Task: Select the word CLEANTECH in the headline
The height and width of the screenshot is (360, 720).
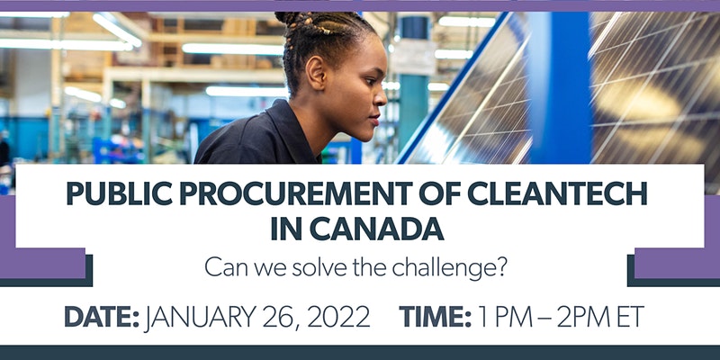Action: pos(556,193)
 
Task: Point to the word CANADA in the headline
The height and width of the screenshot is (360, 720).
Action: pos(377,229)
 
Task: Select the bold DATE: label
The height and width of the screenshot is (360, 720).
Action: pos(102,317)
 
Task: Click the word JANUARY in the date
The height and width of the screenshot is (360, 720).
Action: pos(199,317)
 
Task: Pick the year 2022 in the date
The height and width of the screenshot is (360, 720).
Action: pos(338,317)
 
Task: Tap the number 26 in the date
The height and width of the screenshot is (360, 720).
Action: pos(280,318)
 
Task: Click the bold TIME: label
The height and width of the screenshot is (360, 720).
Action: pos(436,317)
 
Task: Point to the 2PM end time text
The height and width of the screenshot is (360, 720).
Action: pos(584,317)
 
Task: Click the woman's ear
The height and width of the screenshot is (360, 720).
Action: pos(317,71)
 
